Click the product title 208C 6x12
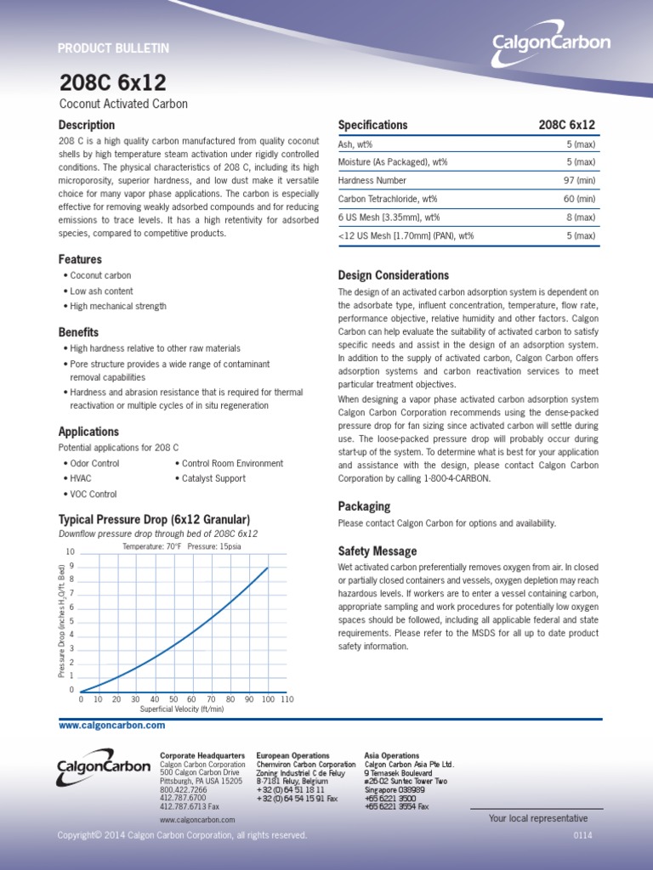pos(112,82)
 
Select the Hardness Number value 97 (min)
pos(576,180)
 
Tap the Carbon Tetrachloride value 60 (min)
pos(576,199)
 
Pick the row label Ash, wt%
pos(355,144)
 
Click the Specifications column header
pos(372,125)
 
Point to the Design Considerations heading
pos(393,275)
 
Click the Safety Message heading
pos(377,551)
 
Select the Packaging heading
pos(364,506)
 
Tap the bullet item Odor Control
pos(94,464)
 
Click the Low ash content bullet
pos(101,291)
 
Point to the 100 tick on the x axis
pos(268,699)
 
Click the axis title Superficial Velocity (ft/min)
pos(182,709)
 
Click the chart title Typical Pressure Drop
pos(153,519)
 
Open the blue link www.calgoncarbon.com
pos(111,726)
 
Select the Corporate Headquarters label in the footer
pos(202,755)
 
